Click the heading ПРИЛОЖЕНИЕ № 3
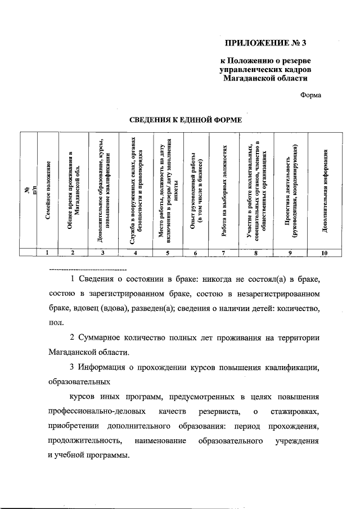pyautogui.click(x=267, y=42)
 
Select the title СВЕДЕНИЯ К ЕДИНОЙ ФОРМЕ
pyautogui.click(x=186, y=120)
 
